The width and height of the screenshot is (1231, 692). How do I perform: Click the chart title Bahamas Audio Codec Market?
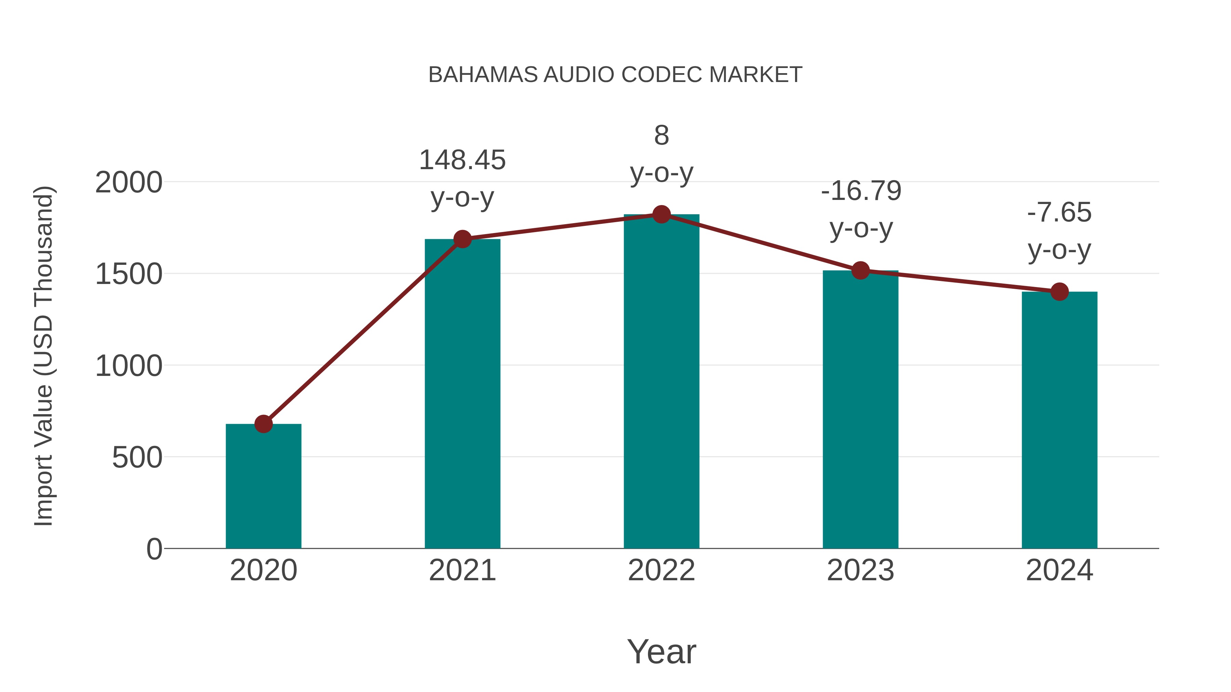tap(615, 75)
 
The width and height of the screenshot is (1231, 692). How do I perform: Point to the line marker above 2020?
tap(263, 424)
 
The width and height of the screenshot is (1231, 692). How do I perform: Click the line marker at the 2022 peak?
tap(661, 214)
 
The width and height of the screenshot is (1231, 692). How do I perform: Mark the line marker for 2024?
tap(1059, 291)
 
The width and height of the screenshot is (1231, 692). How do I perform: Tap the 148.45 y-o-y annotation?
tap(462, 179)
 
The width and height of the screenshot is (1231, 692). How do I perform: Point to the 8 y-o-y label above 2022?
tap(661, 154)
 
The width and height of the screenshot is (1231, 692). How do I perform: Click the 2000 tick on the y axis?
tap(129, 182)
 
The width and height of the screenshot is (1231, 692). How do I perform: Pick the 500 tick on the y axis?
tap(137, 458)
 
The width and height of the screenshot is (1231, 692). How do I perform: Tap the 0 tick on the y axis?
tap(154, 549)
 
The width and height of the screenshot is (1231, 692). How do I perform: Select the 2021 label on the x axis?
tap(462, 570)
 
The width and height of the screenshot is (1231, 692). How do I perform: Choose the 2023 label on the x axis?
tap(860, 570)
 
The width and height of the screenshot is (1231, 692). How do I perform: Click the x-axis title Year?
tap(661, 651)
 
